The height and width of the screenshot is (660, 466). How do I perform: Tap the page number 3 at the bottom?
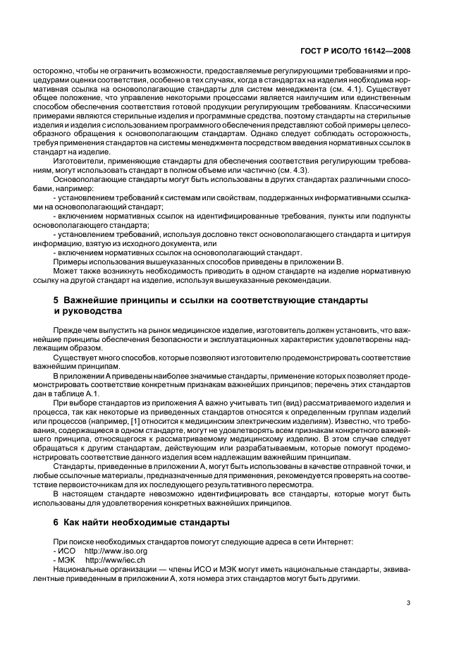point(408,602)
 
